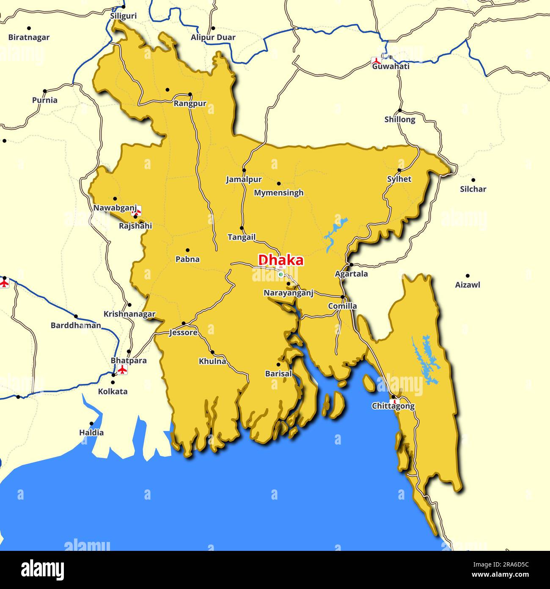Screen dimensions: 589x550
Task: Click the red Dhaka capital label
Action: pos(280,260)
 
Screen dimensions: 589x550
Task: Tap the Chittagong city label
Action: pos(393,406)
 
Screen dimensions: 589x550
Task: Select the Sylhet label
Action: pos(399,179)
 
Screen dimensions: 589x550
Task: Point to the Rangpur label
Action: pos(190,103)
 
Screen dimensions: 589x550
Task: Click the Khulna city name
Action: pos(212,361)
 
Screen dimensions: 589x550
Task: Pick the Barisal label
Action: pos(278,374)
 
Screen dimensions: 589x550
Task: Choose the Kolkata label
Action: pos(113,392)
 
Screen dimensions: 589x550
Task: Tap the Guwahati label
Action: pos(390,66)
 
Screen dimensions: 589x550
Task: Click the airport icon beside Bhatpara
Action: pos(122,369)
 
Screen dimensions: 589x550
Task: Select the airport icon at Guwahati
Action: pos(376,61)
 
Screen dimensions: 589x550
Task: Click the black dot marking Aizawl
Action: pos(467,276)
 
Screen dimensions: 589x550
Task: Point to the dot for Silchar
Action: pos(473,180)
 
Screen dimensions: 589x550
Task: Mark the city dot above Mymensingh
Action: pos(279,183)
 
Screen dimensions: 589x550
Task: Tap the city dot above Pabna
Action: pos(187,250)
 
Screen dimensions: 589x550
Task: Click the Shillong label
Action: pos(399,119)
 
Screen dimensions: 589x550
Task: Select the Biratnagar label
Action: pos(29,37)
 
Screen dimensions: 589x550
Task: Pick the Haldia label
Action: pos(91,433)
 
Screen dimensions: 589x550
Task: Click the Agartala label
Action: pos(351,274)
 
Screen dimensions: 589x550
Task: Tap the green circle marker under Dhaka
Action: pos(280,274)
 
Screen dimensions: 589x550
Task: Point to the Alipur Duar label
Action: pos(213,37)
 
